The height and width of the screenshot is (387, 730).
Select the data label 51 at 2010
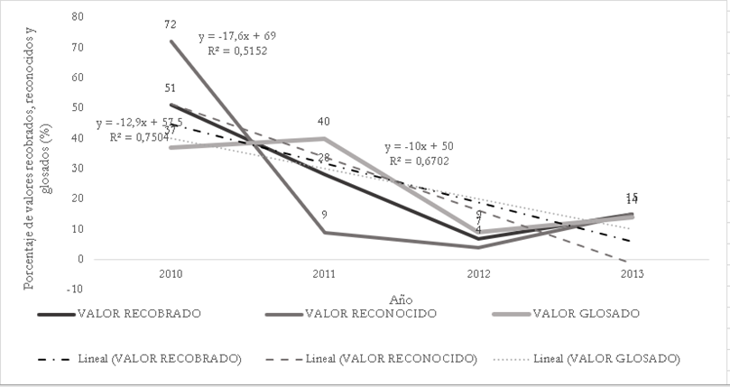[170, 88]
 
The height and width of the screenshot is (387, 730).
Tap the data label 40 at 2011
[324, 122]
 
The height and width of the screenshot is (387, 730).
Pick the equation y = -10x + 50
[420, 147]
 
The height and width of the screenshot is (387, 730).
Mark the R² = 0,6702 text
[420, 161]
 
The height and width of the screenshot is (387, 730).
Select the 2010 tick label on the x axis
[170, 272]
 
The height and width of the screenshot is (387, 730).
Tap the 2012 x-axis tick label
[478, 272]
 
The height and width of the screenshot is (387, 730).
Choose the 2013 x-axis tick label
[633, 272]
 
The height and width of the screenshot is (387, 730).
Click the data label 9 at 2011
[324, 215]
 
